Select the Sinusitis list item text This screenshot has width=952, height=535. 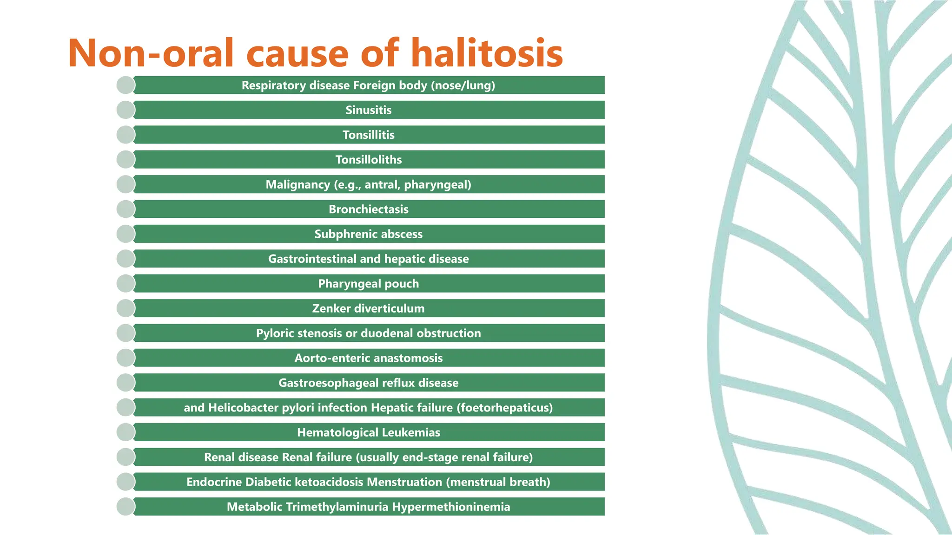[368, 110]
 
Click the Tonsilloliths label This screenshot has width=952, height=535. [368, 160]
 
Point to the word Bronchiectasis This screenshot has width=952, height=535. [368, 209]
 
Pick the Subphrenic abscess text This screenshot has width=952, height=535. [368, 234]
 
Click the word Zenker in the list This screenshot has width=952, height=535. [331, 308]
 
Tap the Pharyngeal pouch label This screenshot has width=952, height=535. [368, 284]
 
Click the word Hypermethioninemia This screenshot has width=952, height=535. [451, 507]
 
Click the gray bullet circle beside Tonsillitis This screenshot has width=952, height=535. [126, 135]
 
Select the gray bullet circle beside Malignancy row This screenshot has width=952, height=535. [126, 184]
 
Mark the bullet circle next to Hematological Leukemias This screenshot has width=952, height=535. [126, 432]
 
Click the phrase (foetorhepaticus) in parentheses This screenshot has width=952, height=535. [504, 408]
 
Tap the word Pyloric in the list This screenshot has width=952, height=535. [275, 333]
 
